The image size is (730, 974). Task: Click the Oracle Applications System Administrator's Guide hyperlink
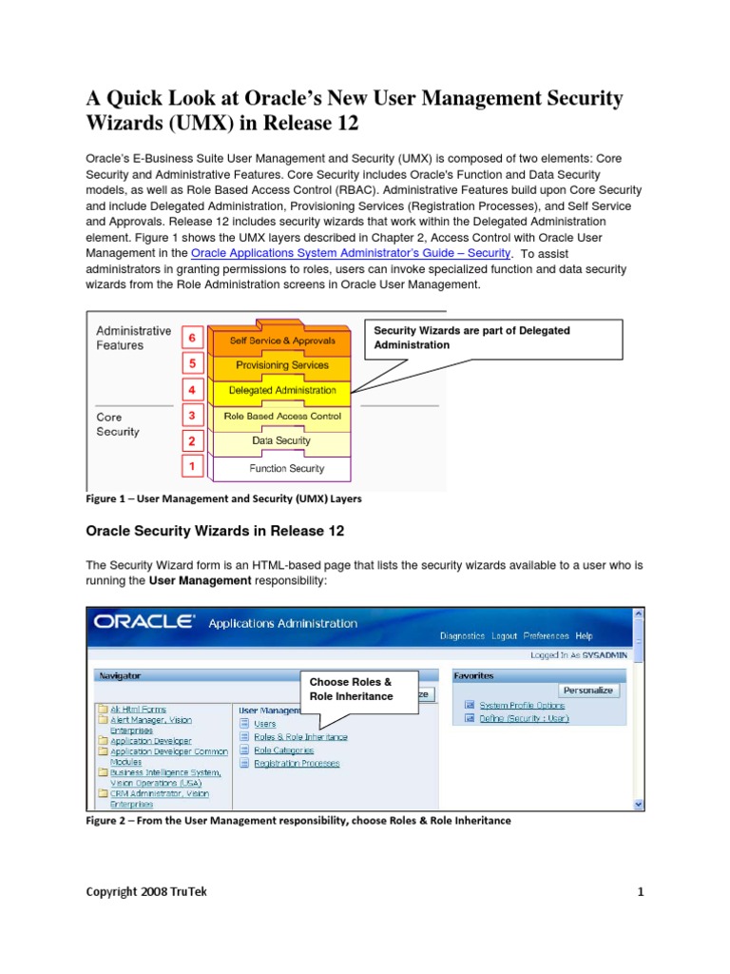[x=351, y=253]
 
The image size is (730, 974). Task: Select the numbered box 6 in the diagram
[x=192, y=338]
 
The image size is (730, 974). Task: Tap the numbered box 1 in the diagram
[x=192, y=466]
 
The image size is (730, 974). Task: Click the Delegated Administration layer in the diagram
[x=282, y=390]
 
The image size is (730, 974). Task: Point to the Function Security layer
[x=286, y=468]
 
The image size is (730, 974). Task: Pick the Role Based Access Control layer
[x=282, y=417]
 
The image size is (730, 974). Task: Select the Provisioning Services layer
[x=282, y=364]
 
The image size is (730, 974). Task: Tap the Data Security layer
[x=281, y=441]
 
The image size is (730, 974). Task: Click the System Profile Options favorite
[x=521, y=706]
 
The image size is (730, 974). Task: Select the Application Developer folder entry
[x=150, y=740]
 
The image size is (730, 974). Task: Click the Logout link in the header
[x=505, y=635]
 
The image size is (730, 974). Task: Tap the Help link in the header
[x=584, y=635]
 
